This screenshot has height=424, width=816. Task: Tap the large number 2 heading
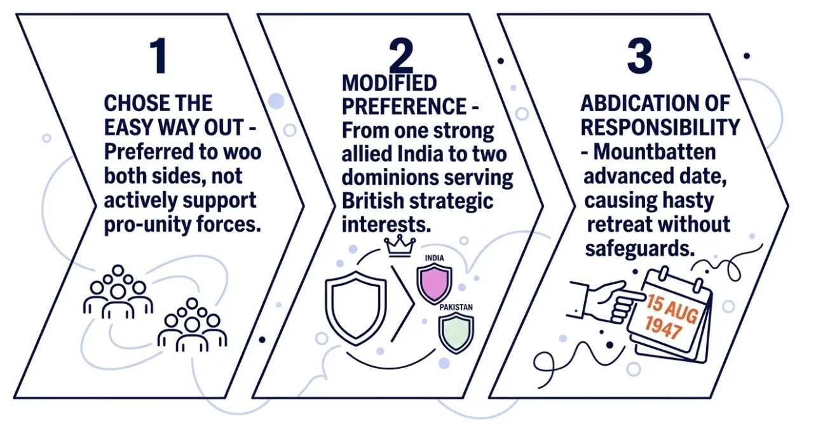pyautogui.click(x=400, y=56)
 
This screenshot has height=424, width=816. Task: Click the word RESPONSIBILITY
pyautogui.click(x=660, y=128)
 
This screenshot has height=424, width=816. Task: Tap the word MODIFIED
pyautogui.click(x=390, y=83)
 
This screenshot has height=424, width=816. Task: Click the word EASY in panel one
pyautogui.click(x=132, y=128)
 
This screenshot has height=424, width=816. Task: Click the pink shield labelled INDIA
pyautogui.click(x=434, y=282)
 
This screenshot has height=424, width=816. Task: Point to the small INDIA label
pyautogui.click(x=434, y=258)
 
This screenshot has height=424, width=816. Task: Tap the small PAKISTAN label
pyautogui.click(x=456, y=308)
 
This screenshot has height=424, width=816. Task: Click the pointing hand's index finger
pyautogui.click(x=629, y=297)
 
